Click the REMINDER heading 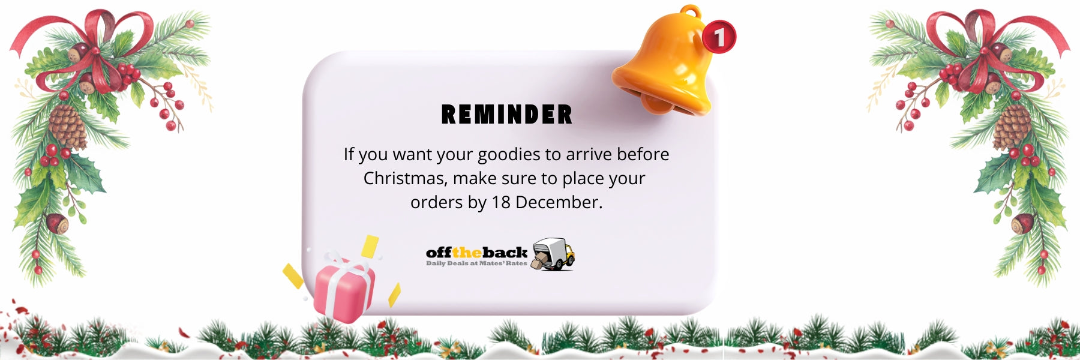507,115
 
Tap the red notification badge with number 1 719,37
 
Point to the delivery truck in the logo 553,254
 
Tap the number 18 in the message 500,202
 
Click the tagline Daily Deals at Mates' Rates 476,263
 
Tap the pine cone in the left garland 68,127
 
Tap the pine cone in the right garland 1012,127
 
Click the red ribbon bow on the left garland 90,48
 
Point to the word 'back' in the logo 505,253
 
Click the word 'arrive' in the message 589,154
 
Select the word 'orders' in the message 436,202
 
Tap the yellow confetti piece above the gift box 370,247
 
